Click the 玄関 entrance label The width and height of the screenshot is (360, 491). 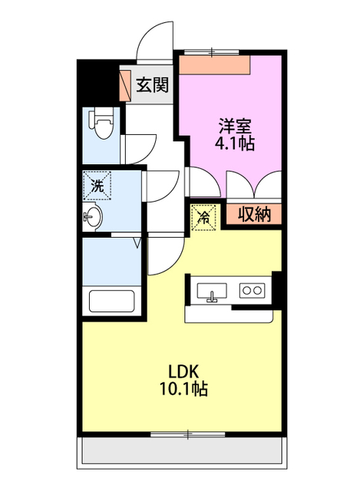(x=152, y=85)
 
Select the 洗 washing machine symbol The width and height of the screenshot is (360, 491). (x=97, y=186)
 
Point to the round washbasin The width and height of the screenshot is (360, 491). (x=93, y=216)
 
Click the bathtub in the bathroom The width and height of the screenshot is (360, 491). (x=112, y=301)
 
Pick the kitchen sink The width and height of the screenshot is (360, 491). (x=212, y=292)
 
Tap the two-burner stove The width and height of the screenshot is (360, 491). (x=253, y=290)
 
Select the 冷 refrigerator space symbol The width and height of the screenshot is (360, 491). (x=204, y=217)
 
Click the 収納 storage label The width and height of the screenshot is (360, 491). (x=254, y=215)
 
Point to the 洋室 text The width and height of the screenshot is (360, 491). (x=234, y=126)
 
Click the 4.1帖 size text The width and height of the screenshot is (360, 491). (x=234, y=143)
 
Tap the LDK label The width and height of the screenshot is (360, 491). (x=183, y=371)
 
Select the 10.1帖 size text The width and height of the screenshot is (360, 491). (x=183, y=389)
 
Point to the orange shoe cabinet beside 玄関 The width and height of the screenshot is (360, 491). (x=125, y=85)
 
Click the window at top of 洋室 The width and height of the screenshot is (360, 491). (x=212, y=52)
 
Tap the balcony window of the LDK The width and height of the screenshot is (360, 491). (x=188, y=434)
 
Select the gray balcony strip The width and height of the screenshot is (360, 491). (x=182, y=450)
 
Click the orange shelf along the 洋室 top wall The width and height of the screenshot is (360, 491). (x=215, y=65)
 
